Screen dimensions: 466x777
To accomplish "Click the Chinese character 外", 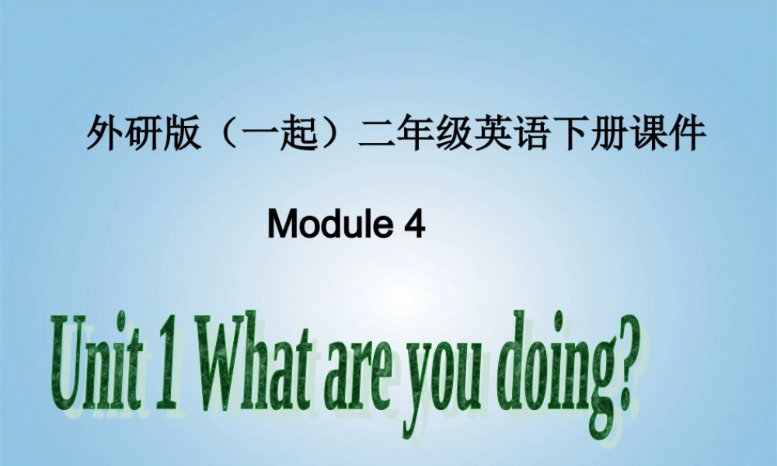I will (x=105, y=134).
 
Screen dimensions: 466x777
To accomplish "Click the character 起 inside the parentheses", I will (x=299, y=134).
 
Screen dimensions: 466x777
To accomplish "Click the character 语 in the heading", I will (x=531, y=134).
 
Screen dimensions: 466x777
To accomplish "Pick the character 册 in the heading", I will (x=609, y=134).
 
